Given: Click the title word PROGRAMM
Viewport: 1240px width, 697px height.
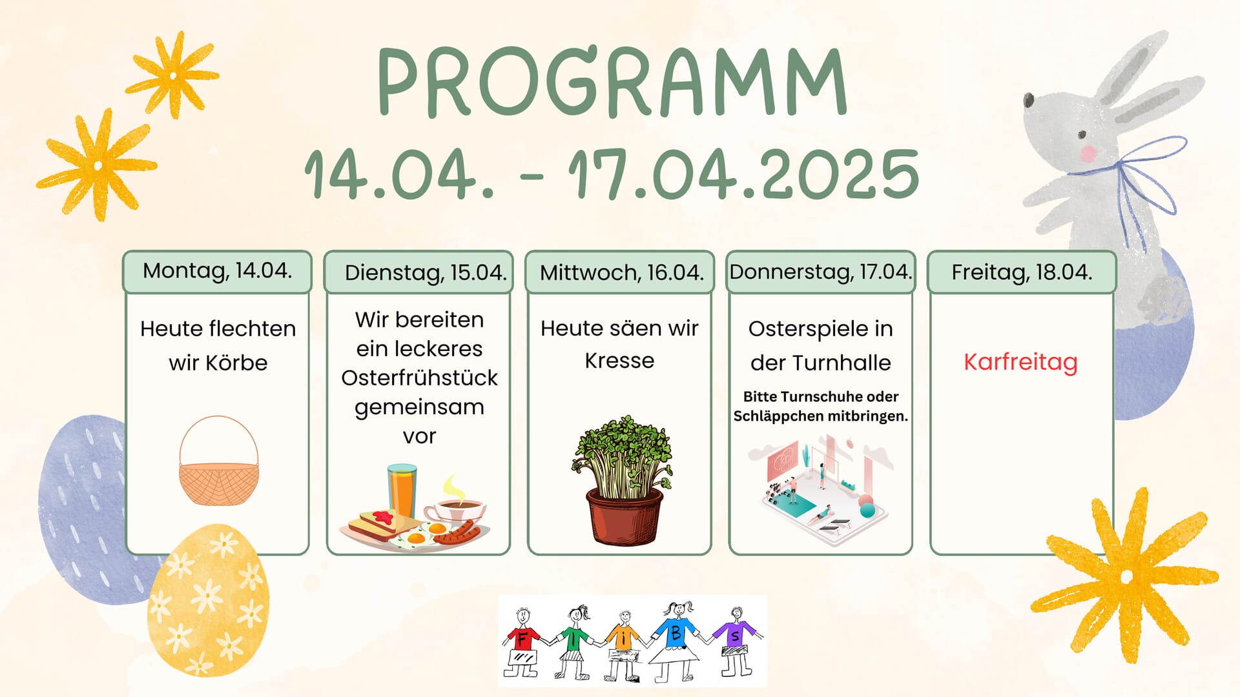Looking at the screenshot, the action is click(612, 83).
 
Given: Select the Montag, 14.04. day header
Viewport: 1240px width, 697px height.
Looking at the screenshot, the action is click(217, 271).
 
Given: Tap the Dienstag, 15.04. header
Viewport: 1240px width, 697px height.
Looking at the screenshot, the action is click(418, 272).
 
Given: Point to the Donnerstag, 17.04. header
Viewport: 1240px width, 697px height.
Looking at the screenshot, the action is click(821, 272).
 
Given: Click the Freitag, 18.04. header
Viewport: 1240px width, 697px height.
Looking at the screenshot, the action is click(1022, 272).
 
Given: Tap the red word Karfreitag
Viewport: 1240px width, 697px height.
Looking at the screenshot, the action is click(1020, 362).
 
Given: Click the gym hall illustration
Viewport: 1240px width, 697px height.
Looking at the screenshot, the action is click(821, 485).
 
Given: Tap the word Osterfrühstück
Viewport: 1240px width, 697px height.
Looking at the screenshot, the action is click(419, 378).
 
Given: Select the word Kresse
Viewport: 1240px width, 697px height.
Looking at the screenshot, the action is click(619, 360).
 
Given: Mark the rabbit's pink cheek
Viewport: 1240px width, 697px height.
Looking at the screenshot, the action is click(1089, 154).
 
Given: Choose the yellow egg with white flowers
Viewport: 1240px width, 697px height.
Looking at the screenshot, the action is click(208, 600).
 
